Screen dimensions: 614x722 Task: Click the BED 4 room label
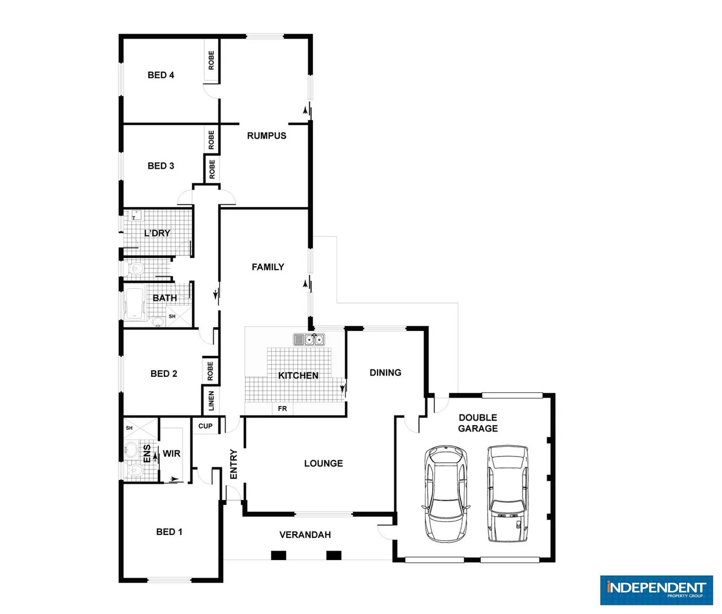(x=161, y=75)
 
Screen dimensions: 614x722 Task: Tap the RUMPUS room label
(x=267, y=136)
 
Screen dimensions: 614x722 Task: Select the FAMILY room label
(x=268, y=267)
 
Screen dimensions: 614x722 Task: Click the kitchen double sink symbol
(x=309, y=339)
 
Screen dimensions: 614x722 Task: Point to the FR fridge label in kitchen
(x=283, y=409)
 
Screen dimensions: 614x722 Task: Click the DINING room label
(x=385, y=373)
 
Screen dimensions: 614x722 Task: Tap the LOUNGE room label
(x=323, y=463)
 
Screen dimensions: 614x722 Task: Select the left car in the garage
(x=446, y=493)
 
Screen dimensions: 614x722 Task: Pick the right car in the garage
(x=508, y=493)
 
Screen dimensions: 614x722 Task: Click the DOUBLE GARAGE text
(x=478, y=423)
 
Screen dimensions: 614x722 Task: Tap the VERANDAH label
(x=305, y=535)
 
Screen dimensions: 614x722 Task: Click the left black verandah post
(x=278, y=555)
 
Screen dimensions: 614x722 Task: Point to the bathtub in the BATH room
(x=135, y=305)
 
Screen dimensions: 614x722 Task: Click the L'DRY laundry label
(x=157, y=233)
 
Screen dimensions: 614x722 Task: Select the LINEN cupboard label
(x=211, y=400)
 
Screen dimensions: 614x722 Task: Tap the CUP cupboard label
(x=205, y=426)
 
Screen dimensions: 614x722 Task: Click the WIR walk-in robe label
(x=172, y=454)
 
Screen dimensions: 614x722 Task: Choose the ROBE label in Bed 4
(x=211, y=60)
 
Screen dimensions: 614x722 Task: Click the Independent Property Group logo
(x=656, y=590)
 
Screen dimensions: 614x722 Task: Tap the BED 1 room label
(x=169, y=532)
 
